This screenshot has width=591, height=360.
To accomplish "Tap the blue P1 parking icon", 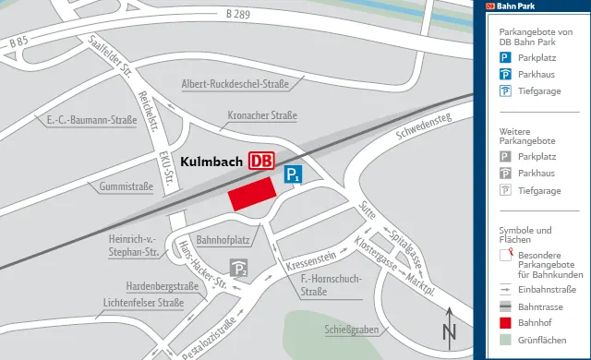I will tap(293, 174).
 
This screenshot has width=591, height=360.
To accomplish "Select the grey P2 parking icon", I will tap(240, 269).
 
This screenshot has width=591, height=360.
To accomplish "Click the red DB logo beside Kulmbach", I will tap(261, 160).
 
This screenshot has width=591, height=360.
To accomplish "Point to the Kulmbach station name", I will tap(211, 161).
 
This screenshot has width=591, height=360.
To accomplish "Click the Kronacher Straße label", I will tap(261, 116).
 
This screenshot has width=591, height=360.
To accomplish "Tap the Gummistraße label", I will tap(126, 186).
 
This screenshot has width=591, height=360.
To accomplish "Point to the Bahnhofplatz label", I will tap(225, 240).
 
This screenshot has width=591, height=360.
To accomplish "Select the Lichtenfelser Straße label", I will tap(144, 302).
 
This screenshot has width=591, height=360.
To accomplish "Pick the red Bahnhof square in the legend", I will tap(506, 323).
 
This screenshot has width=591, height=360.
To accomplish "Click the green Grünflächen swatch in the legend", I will tap(506, 341).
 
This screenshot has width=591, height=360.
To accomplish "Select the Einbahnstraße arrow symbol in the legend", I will tap(506, 289).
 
